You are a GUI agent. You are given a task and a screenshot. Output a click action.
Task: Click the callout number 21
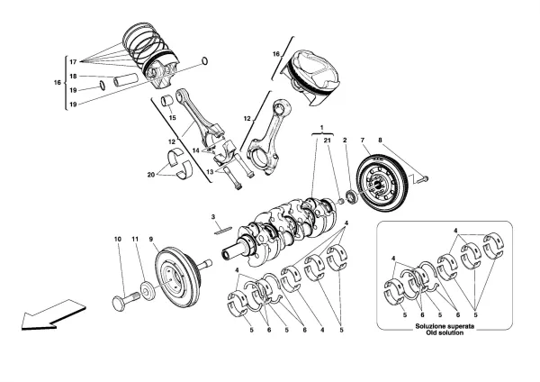pyautogui.click(x=328, y=141)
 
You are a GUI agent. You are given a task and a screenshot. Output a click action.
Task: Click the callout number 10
pyautogui.click(x=117, y=239)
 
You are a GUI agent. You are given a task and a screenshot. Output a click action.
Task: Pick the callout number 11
pyautogui.click(x=135, y=239)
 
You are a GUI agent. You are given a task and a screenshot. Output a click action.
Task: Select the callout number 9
pyautogui.click(x=152, y=239)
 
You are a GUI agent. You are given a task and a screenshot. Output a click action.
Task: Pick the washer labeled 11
pyautogui.click(x=142, y=291)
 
